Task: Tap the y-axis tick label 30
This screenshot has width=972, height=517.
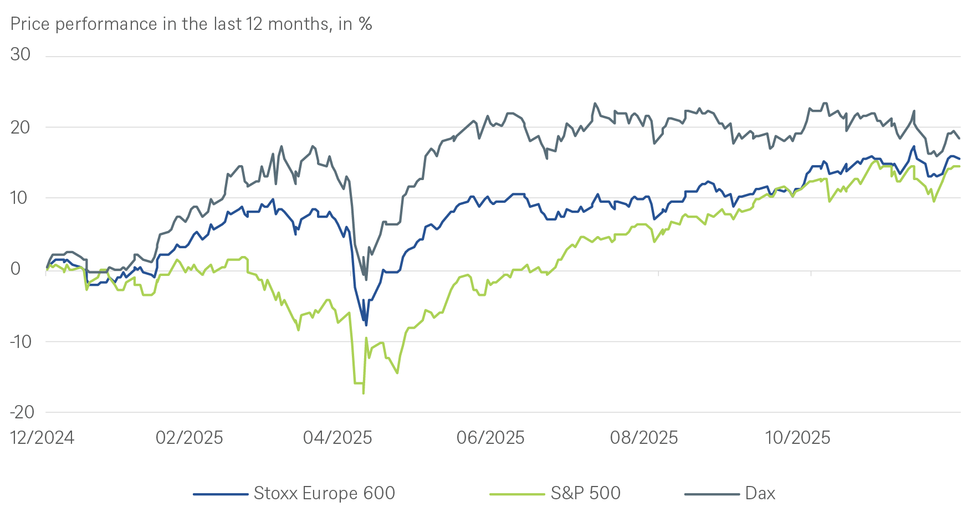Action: [21, 54]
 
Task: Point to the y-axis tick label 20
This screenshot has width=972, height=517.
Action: [21, 127]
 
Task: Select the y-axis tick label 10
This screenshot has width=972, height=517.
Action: [21, 198]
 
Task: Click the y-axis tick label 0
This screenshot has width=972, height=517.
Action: [16, 269]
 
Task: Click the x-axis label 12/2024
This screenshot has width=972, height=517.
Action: [42, 438]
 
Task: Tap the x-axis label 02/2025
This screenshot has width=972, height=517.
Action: [190, 438]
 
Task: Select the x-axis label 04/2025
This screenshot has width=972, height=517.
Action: [337, 438]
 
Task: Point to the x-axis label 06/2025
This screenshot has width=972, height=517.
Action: [490, 438]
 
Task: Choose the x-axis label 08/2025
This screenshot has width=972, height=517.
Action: [644, 438]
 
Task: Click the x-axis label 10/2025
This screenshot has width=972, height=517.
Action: [797, 438]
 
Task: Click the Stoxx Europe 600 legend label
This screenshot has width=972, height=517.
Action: [324, 493]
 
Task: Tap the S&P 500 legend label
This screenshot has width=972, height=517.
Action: [585, 493]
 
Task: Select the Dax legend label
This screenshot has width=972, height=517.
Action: [760, 493]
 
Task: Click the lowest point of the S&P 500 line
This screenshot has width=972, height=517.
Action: [363, 393]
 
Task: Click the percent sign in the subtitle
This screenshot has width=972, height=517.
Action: [365, 24]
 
